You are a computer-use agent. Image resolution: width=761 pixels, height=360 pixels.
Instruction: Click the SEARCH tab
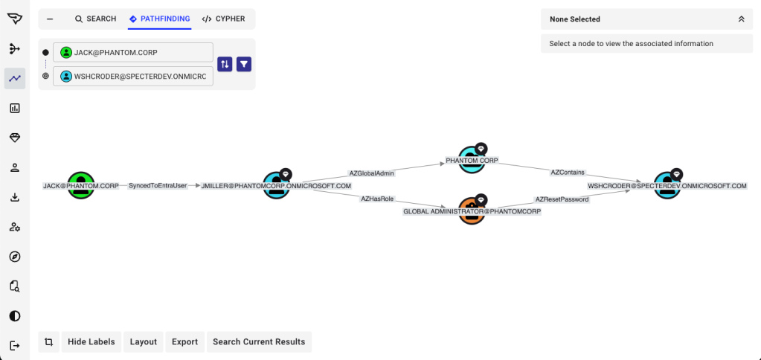coord(95,19)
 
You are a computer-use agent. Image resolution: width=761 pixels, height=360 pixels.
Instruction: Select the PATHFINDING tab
coord(159,19)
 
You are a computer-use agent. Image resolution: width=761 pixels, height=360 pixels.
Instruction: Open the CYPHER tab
coord(223,19)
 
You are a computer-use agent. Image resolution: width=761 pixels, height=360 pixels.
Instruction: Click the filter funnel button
coord(244,64)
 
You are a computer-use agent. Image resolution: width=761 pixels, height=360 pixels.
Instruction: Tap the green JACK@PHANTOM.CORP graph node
coord(81,184)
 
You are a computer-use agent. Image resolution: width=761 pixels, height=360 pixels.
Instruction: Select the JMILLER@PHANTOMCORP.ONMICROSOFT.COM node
coord(277,184)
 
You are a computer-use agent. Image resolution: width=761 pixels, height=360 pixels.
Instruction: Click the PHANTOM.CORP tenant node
coord(472,159)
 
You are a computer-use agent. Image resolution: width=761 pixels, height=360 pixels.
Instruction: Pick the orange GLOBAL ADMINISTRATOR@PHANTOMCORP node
coord(472,210)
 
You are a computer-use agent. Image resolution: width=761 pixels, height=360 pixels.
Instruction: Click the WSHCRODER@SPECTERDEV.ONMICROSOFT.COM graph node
coord(667,184)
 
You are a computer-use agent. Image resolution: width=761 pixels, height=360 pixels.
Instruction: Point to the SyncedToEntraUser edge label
coord(158,185)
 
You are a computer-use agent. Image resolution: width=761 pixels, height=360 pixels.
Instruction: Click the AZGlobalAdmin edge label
coord(371,173)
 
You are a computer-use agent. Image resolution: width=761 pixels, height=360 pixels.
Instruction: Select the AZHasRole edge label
coord(377,199)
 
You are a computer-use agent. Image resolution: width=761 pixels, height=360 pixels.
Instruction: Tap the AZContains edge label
coord(568,172)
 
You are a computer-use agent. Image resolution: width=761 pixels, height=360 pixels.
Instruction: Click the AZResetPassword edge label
coord(562,199)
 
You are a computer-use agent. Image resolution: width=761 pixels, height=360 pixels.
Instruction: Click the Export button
coord(184,342)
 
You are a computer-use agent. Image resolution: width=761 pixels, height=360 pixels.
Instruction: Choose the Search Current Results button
coord(259,342)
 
